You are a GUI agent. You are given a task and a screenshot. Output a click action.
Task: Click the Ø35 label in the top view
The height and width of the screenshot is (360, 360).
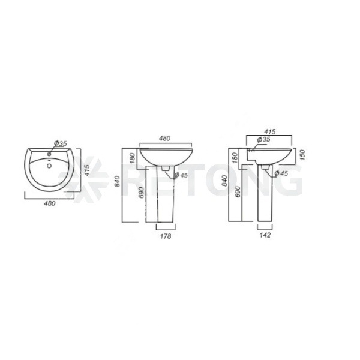tap(61, 143)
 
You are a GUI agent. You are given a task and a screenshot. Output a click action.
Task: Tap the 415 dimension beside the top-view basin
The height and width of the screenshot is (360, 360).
tap(87, 170)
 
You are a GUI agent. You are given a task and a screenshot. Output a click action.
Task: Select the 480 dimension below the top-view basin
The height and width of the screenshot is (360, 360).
tap(50, 203)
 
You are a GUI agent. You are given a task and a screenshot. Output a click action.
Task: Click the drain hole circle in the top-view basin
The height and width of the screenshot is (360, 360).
tap(49, 166)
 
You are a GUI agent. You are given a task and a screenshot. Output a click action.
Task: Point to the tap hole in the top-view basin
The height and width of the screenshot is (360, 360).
tap(49, 154)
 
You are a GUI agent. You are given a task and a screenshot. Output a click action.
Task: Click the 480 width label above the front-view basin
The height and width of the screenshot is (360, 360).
tap(164, 138)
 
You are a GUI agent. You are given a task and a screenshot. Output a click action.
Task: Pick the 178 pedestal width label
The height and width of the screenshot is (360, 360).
tap(166, 236)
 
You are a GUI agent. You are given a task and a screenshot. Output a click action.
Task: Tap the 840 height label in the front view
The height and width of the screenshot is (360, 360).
tap(118, 181)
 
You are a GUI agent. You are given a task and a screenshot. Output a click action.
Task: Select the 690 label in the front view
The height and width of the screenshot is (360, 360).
tap(141, 192)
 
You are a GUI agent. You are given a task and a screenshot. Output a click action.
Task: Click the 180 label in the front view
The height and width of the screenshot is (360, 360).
tap(133, 158)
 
